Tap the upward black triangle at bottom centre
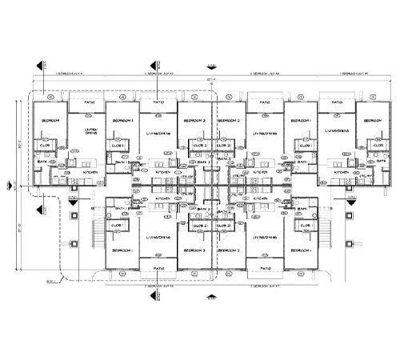coord(210,297)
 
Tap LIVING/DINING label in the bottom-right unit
coord(263,238)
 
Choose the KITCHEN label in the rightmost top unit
coord(339,171)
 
